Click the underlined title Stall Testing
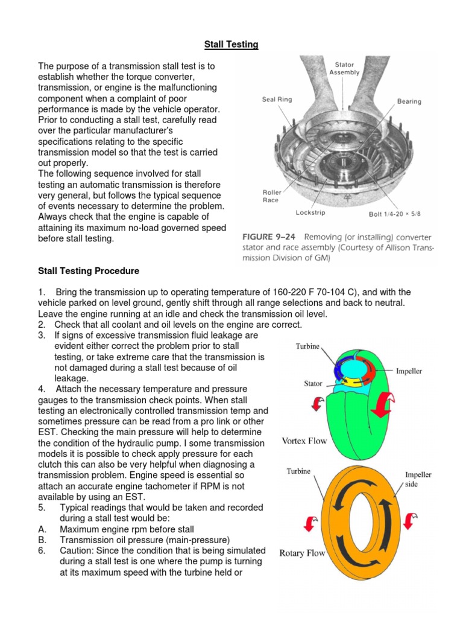231,44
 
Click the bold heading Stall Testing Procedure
89,270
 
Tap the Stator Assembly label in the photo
344,68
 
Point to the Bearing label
409,101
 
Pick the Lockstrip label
311,212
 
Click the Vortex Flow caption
304,441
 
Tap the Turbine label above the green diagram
308,347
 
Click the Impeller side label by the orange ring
418,479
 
